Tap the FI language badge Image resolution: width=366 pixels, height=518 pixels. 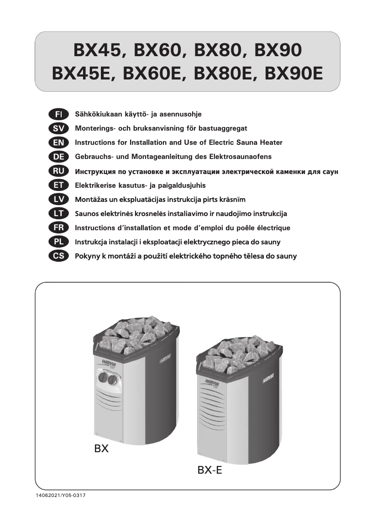pos(58,113)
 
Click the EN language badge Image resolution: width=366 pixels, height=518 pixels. pos(58,142)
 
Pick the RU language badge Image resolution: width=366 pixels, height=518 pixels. pos(58,171)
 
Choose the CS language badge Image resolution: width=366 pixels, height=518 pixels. pos(58,256)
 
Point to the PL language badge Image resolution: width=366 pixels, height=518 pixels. pos(58,242)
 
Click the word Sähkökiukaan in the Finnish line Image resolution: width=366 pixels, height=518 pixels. pos(95,114)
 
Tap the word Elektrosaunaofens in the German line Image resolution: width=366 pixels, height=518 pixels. pos(242,157)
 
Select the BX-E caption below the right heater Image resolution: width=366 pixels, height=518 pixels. pos(210,470)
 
